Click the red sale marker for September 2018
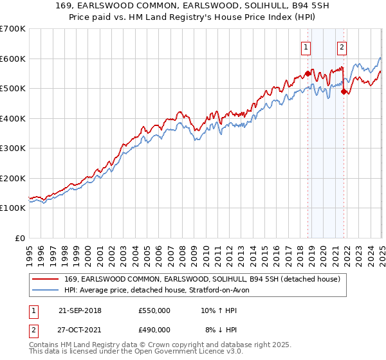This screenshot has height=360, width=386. pos(308,74)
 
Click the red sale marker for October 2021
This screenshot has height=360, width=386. pos(344,91)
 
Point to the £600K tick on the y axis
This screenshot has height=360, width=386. pos(12,59)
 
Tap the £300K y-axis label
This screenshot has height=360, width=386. pos(12,148)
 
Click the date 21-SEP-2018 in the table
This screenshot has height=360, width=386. pos(80,310)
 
